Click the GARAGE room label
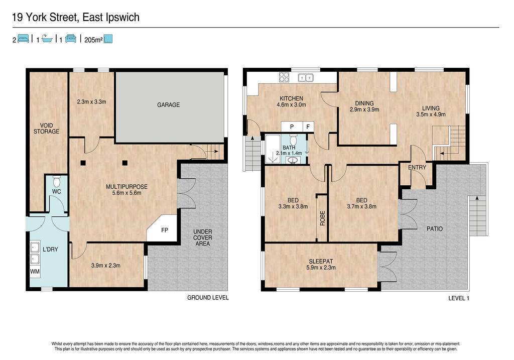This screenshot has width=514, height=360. click(168, 105)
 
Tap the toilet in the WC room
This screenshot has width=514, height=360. click(57, 181)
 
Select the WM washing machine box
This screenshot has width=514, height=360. click(35, 272)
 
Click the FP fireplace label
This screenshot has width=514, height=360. click(165, 230)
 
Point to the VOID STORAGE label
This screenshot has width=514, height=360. click(46, 128)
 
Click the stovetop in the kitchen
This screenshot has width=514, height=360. click(284, 77)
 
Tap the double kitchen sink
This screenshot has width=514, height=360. click(306, 78)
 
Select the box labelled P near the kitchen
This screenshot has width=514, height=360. click(292, 127)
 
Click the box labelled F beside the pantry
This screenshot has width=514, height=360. click(308, 127)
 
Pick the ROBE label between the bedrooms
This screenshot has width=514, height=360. click(322, 218)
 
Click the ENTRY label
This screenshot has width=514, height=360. click(417, 168)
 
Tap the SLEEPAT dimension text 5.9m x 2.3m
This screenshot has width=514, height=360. click(321, 268)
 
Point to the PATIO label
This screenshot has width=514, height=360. click(435, 229)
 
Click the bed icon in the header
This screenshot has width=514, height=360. click(23, 39)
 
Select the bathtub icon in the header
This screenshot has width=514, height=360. click(47, 39)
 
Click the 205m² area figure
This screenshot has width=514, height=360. click(93, 40)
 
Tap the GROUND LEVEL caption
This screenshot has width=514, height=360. click(208, 298)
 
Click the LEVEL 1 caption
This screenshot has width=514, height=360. click(459, 298)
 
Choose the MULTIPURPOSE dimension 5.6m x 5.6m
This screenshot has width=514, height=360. click(126, 193)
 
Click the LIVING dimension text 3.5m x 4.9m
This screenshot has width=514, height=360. click(431, 114)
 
